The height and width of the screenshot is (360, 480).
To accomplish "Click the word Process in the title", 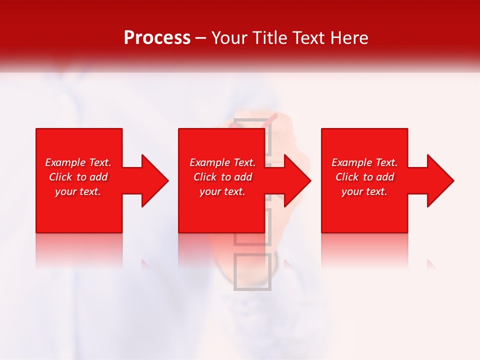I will click(157, 38).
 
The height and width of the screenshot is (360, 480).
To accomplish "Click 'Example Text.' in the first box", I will click(78, 162).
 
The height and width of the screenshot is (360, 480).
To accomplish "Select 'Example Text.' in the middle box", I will click(222, 162).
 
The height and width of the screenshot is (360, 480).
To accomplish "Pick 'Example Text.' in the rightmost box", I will click(364, 162).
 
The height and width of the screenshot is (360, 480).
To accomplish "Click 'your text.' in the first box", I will click(78, 191).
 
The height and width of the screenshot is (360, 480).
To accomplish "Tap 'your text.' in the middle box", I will click(222, 191).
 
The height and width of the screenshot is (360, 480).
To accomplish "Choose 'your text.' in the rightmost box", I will click(364, 191).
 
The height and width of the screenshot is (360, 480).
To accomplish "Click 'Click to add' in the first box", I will click(78, 177).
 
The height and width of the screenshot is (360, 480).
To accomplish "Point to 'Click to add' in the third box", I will click(364, 177).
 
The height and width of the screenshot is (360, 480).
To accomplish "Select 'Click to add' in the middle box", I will click(222, 177).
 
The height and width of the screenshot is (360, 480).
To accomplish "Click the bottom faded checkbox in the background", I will click(252, 271).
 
